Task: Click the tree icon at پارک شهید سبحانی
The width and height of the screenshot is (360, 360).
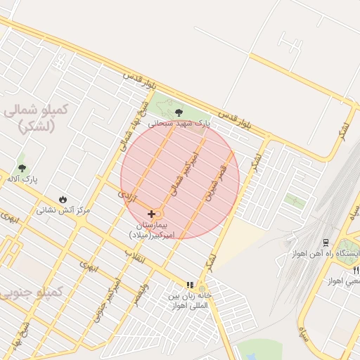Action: (x=179, y=112)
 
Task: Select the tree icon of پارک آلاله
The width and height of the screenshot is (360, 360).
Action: (x=22, y=168)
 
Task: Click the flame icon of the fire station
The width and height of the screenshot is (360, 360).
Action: (x=64, y=199)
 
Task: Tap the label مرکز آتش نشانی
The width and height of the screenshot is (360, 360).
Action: (x=64, y=210)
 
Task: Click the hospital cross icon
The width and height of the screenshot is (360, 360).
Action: (x=151, y=213)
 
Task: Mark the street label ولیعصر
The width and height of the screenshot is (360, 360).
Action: (x=143, y=293)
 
